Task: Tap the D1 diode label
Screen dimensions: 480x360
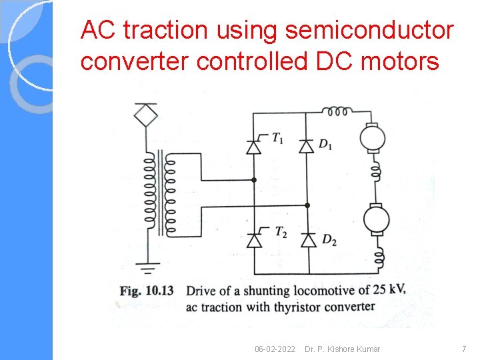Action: tap(325, 145)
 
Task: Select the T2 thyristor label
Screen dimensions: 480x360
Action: tap(281, 232)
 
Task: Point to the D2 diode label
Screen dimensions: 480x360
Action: tap(329, 239)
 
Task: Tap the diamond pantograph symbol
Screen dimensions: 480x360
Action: tap(145, 115)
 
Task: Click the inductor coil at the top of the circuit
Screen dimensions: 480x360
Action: tap(337, 111)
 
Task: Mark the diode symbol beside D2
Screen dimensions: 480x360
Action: tap(307, 240)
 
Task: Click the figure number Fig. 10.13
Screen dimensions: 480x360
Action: tap(147, 291)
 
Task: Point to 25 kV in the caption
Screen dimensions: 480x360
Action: tap(387, 290)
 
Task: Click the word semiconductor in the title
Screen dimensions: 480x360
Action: tap(369, 30)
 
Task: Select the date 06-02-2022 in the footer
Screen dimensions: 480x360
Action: tap(275, 349)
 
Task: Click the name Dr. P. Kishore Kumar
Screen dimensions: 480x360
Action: tap(342, 349)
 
